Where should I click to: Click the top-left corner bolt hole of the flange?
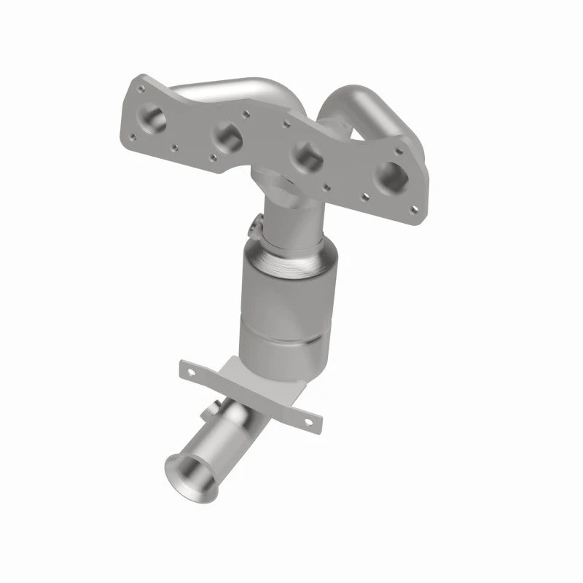click(135, 89)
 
